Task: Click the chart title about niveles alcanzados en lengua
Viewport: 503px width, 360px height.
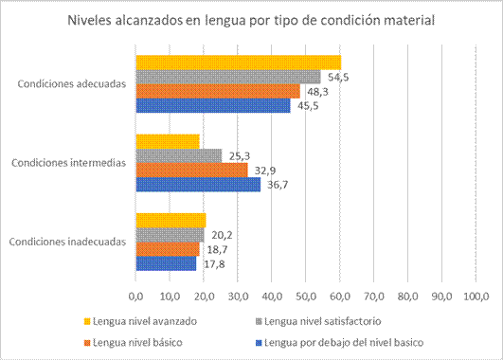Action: pyautogui.click(x=251, y=22)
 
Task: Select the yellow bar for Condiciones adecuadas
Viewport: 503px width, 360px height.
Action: pyautogui.click(x=238, y=63)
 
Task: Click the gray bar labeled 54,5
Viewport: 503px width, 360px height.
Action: pyautogui.click(x=228, y=77)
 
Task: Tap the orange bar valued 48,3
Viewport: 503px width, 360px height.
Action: pyautogui.click(x=217, y=91)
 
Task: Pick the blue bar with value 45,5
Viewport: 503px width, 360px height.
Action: pyautogui.click(x=212, y=105)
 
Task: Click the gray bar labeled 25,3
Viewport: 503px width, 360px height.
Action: pyautogui.click(x=178, y=155)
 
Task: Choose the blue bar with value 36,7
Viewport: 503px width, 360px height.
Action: pyautogui.click(x=198, y=184)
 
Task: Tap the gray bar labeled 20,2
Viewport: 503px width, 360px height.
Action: pyautogui.click(x=170, y=234)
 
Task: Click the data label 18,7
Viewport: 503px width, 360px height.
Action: pyautogui.click(x=217, y=249)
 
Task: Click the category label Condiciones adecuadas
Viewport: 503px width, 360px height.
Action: pyautogui.click(x=71, y=83)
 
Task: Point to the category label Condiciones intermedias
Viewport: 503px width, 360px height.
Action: pyautogui.click(x=67, y=162)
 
